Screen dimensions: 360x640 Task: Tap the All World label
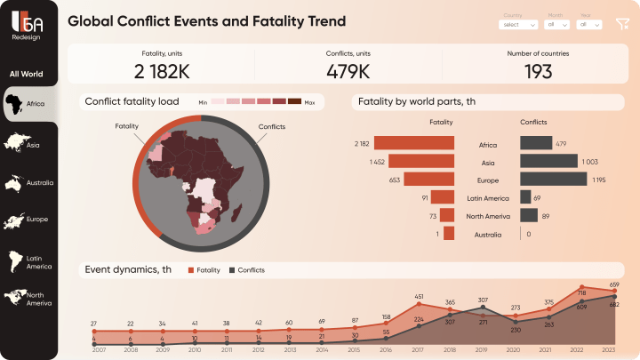26,75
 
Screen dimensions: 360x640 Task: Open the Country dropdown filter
519,25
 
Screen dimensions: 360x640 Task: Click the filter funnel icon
621,24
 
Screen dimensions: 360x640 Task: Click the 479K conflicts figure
348,71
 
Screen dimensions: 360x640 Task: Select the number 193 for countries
538,71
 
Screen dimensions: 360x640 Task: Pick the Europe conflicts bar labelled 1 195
553,180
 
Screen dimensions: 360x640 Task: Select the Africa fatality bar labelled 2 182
414,143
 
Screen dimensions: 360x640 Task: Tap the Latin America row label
487,198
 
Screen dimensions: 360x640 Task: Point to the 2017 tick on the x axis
419,350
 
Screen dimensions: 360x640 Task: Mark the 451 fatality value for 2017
419,297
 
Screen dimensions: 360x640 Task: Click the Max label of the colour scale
309,102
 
